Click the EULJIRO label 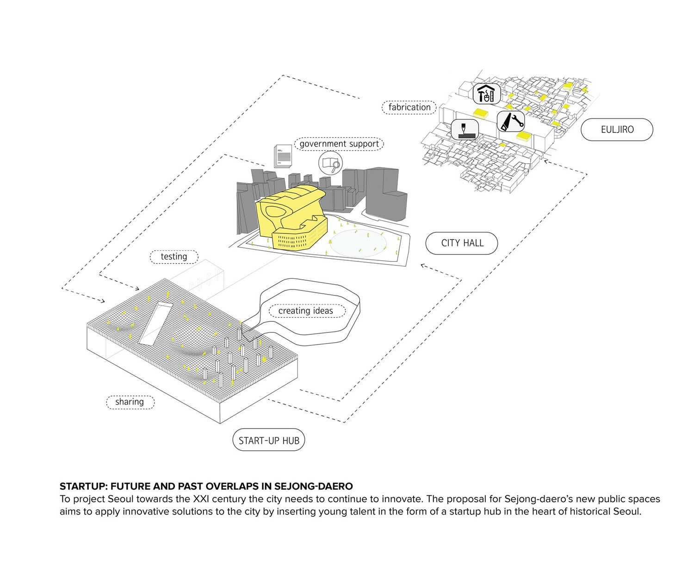click(x=617, y=130)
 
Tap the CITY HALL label click(x=462, y=243)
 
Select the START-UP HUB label click(x=269, y=441)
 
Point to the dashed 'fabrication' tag click(x=409, y=107)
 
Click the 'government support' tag click(x=339, y=144)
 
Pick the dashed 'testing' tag click(x=174, y=257)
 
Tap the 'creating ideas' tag click(x=305, y=311)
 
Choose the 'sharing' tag click(x=130, y=402)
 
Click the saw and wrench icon click(x=511, y=121)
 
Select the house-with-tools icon click(x=487, y=94)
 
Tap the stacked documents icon click(x=282, y=156)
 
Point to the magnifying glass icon click(x=330, y=163)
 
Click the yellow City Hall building click(x=291, y=217)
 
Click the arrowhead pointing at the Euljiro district click(x=547, y=161)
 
